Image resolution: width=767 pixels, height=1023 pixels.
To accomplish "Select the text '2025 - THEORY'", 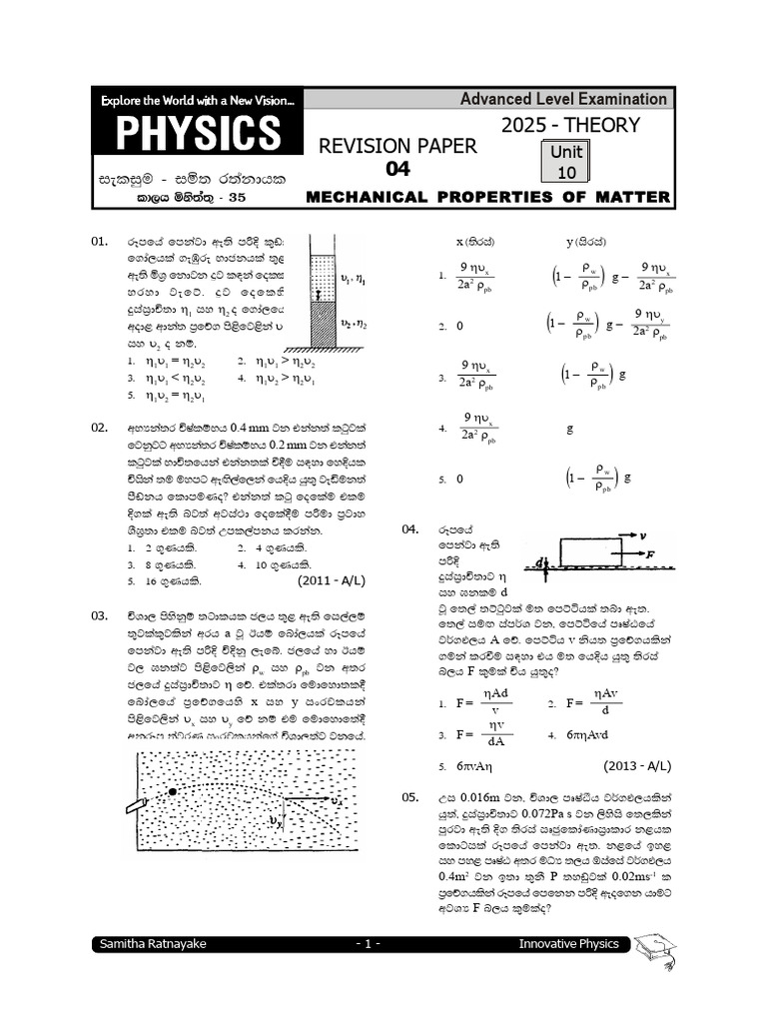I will coord(569,125).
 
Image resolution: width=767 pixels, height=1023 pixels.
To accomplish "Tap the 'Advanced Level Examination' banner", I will coord(563,98).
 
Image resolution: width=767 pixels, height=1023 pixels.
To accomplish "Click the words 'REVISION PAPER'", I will coord(397,147).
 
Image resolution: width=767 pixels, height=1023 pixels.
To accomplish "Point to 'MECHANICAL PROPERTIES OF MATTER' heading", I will coord(488,197).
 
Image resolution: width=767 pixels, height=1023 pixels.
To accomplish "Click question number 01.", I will coord(100,242).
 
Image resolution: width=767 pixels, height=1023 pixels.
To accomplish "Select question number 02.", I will coord(100,428).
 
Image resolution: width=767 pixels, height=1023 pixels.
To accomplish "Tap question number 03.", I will coord(100,615).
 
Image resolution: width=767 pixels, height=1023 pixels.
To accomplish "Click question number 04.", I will coord(411,529).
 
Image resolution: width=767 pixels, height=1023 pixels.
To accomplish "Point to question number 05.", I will coord(411,797).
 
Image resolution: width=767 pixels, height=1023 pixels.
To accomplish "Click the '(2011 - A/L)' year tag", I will coord(337,578).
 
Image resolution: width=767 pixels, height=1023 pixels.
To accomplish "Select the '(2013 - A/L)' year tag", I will coord(638,765).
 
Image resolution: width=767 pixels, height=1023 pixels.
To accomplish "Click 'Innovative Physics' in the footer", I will coord(568,944).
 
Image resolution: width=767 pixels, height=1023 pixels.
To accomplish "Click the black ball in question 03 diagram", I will coord(174,792).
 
